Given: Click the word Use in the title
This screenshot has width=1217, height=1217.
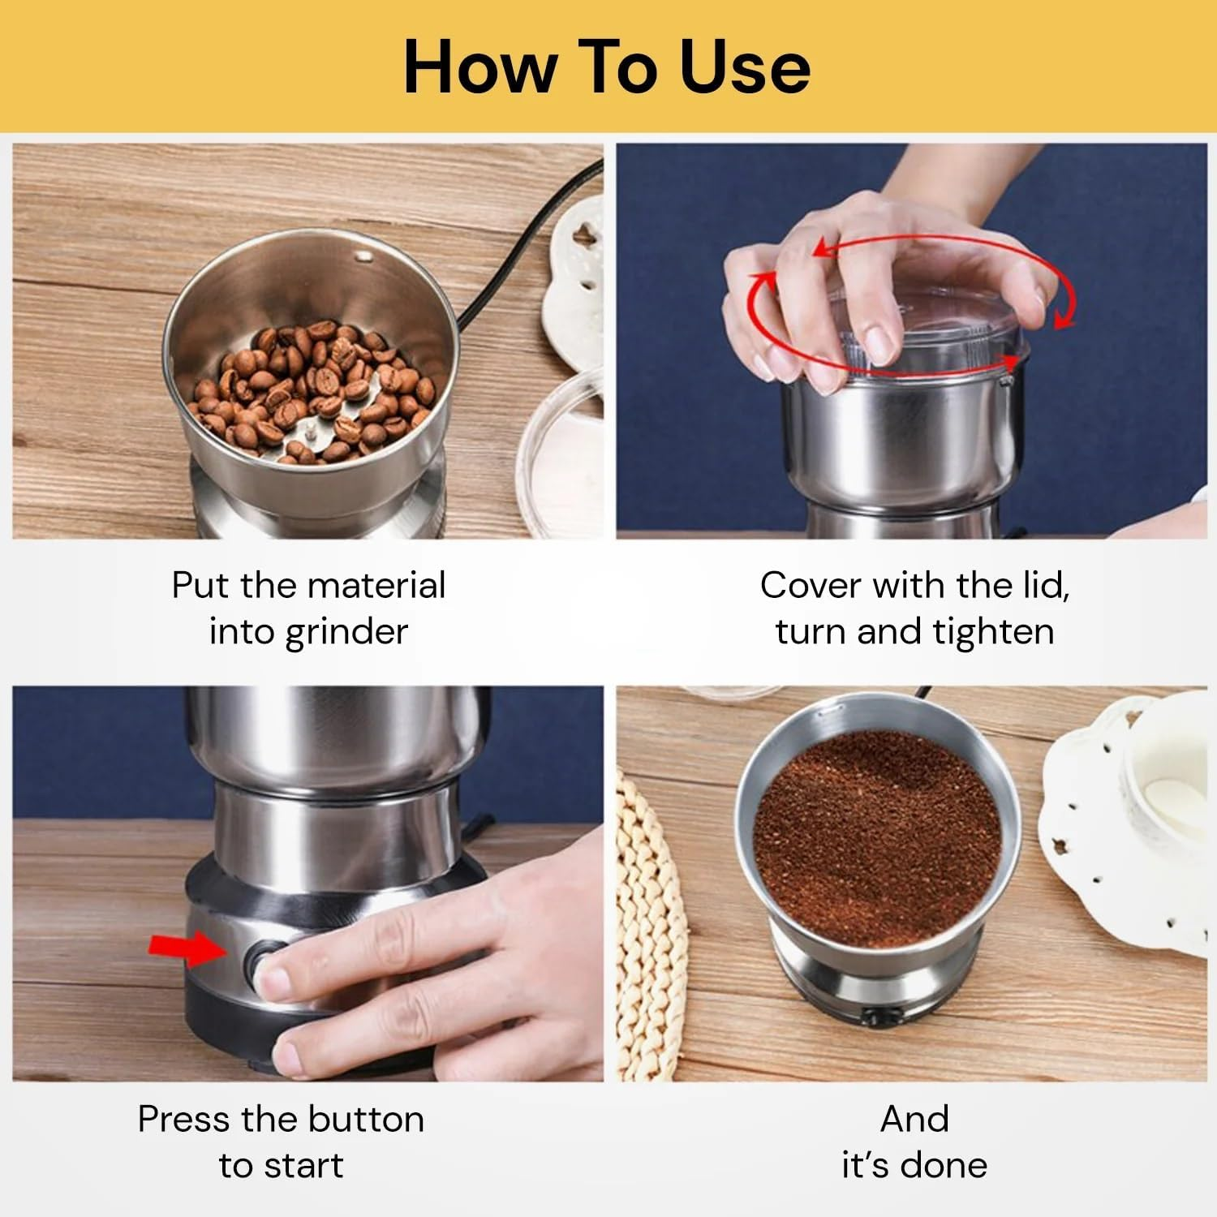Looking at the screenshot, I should pos(744,67).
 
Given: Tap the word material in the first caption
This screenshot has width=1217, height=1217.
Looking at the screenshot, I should pos(376,585).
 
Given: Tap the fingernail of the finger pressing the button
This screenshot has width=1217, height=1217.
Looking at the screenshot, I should pos(271,980).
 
